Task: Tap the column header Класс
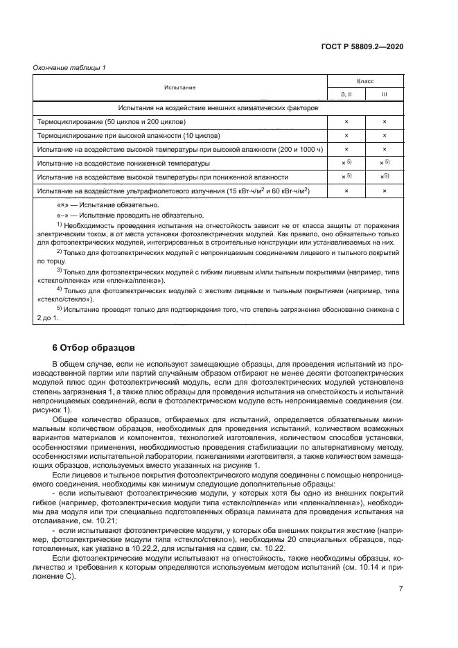[365, 81]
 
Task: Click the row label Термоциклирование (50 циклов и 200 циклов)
[112, 121]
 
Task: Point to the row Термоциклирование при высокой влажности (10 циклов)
[129, 135]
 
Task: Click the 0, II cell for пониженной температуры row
[346, 163]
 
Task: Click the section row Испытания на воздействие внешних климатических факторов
[218, 109]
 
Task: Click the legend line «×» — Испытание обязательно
[107, 205]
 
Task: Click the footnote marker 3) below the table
[60, 270]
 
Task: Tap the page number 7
[400, 588]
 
